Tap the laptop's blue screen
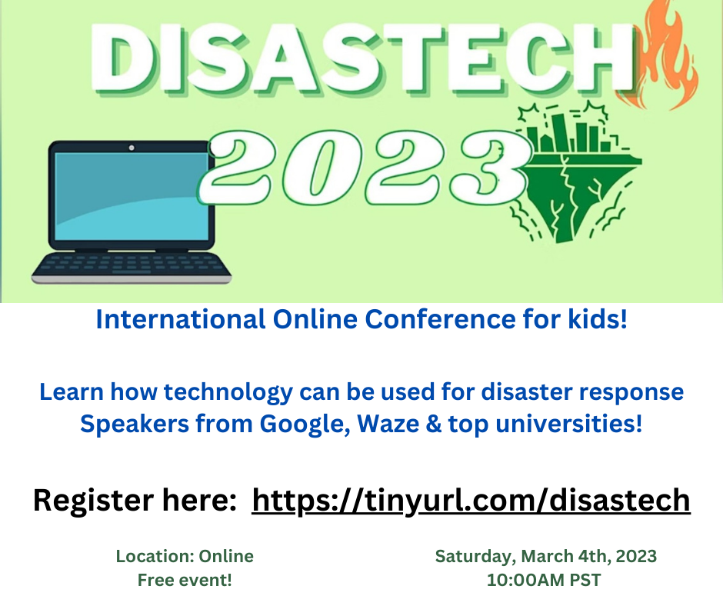click(132, 196)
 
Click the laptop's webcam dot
click(132, 148)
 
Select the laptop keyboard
click(132, 265)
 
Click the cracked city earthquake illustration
click(576, 171)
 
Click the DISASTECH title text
click(363, 58)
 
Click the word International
click(181, 319)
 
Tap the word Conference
click(441, 319)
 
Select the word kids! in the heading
click(598, 319)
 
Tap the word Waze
click(388, 424)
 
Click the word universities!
click(569, 424)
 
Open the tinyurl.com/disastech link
click(471, 501)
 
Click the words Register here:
click(135, 501)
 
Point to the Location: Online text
click(185, 556)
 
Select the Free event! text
click(185, 580)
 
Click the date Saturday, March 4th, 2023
click(546, 557)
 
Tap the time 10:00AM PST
click(544, 580)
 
